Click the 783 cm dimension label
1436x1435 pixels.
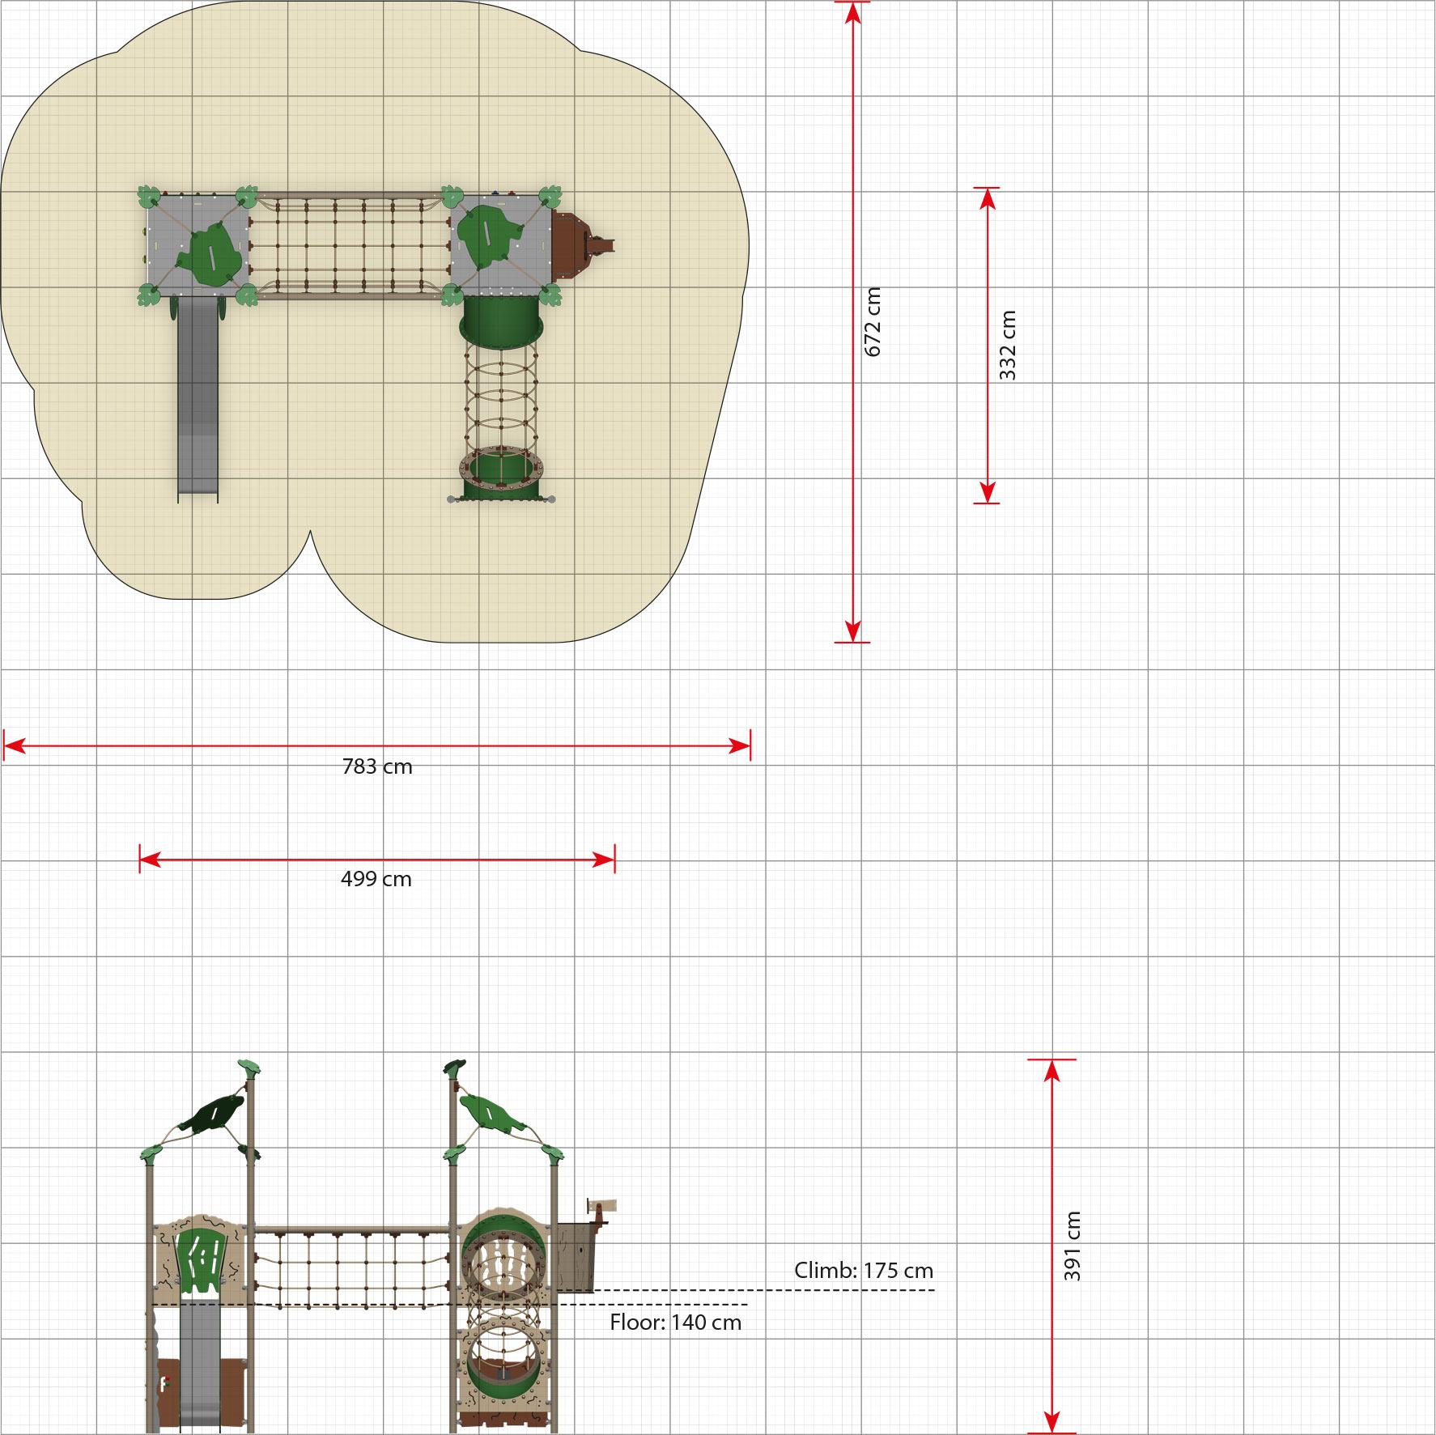377,766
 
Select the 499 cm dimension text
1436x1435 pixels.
376,879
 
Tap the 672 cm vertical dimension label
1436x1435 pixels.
873,321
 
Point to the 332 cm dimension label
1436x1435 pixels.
1007,346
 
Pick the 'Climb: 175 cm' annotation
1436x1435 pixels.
864,1271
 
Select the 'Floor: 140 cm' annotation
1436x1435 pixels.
676,1322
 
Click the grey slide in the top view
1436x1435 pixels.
198,397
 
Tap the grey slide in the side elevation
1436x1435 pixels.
199,1367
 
